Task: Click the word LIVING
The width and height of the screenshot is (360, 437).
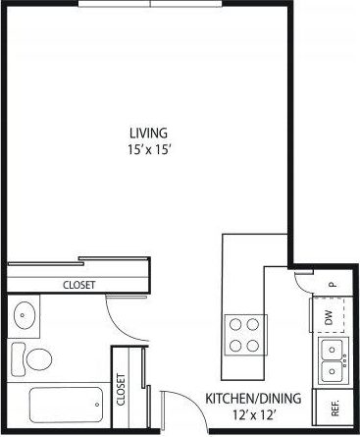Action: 149,133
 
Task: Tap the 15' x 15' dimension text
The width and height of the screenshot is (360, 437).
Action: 149,149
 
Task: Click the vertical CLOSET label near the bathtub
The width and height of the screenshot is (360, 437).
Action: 122,389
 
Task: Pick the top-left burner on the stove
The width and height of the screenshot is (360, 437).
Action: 234,323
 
